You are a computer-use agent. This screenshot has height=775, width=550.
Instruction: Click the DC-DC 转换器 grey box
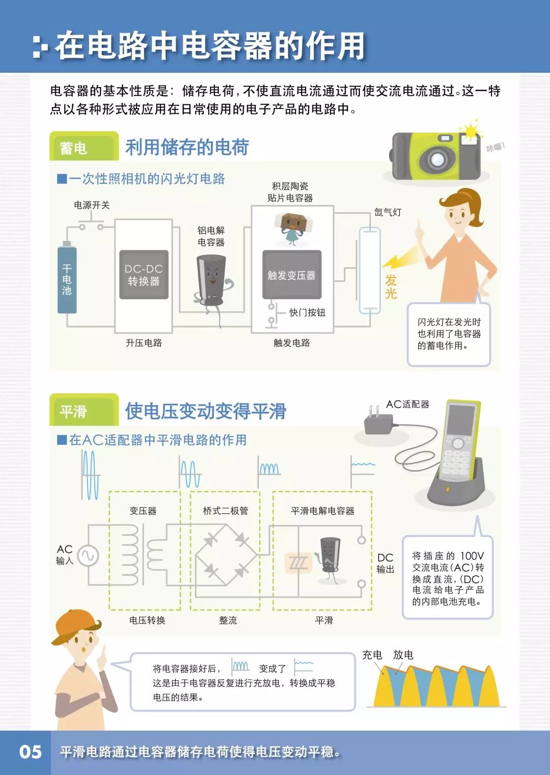[144, 274]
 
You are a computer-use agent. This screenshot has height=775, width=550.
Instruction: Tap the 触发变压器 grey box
[292, 274]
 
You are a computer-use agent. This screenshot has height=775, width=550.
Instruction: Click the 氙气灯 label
[388, 212]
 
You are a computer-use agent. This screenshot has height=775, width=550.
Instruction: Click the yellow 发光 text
[391, 287]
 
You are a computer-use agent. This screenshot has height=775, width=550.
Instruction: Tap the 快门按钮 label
[308, 313]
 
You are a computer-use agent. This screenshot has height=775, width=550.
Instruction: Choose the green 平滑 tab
[84, 409]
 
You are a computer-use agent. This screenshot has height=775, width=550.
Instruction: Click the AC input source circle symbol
[88, 556]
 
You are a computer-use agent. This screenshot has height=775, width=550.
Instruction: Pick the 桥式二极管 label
[225, 511]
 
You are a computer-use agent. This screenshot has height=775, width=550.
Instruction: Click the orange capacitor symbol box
[298, 563]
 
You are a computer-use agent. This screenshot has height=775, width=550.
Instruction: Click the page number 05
[30, 752]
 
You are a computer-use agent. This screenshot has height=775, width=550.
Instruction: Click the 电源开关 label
[92, 205]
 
